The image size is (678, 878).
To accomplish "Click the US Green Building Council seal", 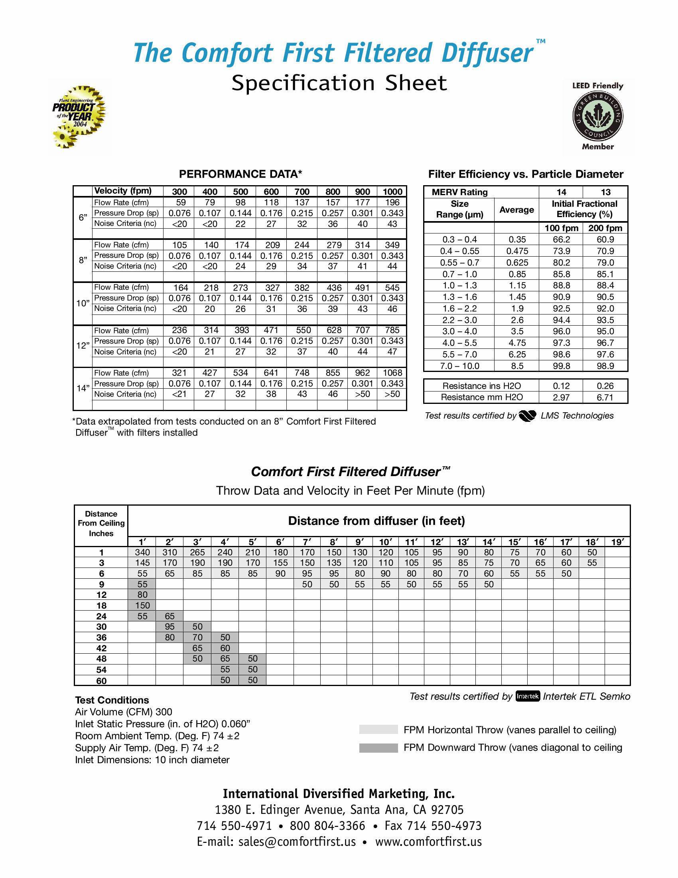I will [x=598, y=116].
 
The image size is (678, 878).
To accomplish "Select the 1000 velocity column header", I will [x=392, y=192].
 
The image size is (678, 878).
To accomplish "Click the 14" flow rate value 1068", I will [x=392, y=373].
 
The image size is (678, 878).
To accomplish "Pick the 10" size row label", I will [x=83, y=304].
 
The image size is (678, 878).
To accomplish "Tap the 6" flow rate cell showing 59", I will [x=179, y=202].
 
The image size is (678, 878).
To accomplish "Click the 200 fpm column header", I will [x=605, y=228].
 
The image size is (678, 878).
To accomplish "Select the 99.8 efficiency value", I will [x=561, y=366].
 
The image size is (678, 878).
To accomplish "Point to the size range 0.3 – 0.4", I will [x=459, y=239].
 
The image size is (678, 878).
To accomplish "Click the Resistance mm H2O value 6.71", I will [x=605, y=397].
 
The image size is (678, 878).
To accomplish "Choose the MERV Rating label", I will [x=459, y=192].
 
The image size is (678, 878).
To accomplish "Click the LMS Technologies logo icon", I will [x=527, y=416].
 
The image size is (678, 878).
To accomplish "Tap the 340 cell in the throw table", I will [x=142, y=552].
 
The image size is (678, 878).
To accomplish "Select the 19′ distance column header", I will [x=617, y=542].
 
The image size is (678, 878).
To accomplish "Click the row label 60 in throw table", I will [x=101, y=680].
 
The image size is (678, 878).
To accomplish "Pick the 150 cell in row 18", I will [x=142, y=605].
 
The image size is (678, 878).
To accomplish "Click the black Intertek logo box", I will [x=527, y=696].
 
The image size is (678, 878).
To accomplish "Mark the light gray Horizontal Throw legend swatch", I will [x=378, y=730].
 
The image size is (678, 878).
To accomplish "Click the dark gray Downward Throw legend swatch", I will [x=378, y=748].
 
